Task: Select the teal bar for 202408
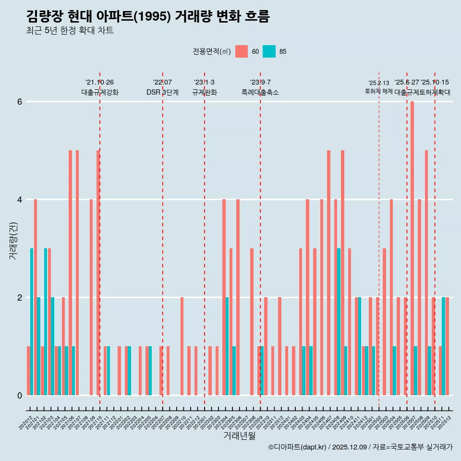click(x=339, y=322)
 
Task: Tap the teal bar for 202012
click(x=32, y=322)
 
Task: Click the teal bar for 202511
click(x=444, y=346)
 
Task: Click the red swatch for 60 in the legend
click(x=242, y=51)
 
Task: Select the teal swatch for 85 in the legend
click(x=269, y=51)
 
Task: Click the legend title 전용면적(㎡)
click(x=212, y=51)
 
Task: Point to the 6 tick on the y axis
click(x=20, y=102)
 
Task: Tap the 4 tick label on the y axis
click(x=20, y=199)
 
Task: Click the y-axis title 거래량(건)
click(x=13, y=241)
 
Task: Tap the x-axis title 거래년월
click(x=239, y=436)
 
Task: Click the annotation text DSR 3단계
click(x=162, y=92)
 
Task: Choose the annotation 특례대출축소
click(x=260, y=92)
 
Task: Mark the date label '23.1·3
click(x=204, y=82)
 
